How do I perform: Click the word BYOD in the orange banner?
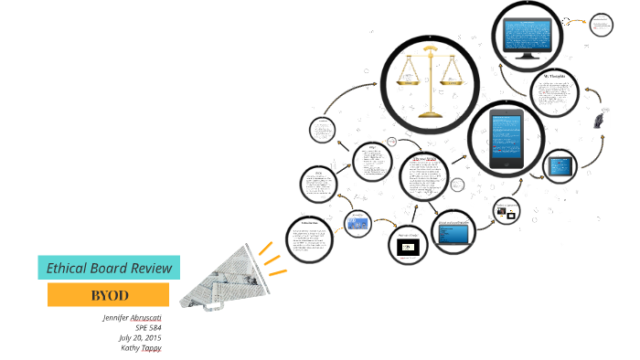pyautogui.click(x=109, y=295)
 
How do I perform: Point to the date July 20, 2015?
pyautogui.click(x=146, y=337)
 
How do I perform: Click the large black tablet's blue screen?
pyautogui.click(x=506, y=140)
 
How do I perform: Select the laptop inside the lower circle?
pyautogui.click(x=453, y=234)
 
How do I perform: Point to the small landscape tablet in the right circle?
pyautogui.click(x=560, y=166)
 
